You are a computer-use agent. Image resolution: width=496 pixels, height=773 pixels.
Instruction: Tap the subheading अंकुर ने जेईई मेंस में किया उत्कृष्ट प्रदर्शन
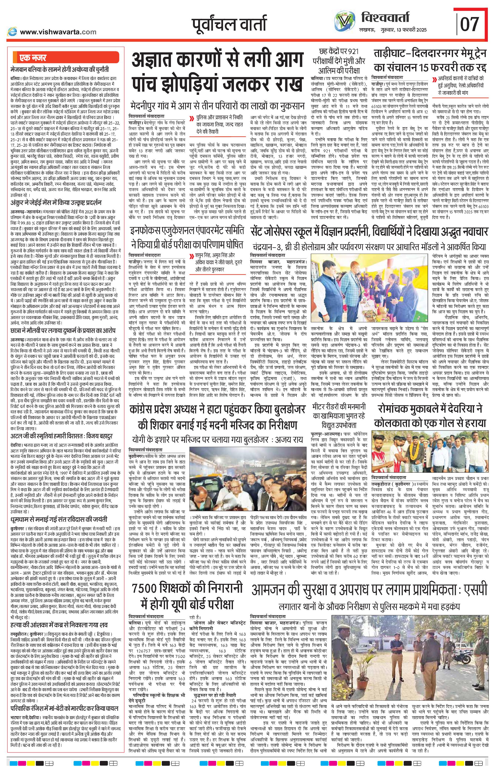pyautogui.click(x=56, y=203)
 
